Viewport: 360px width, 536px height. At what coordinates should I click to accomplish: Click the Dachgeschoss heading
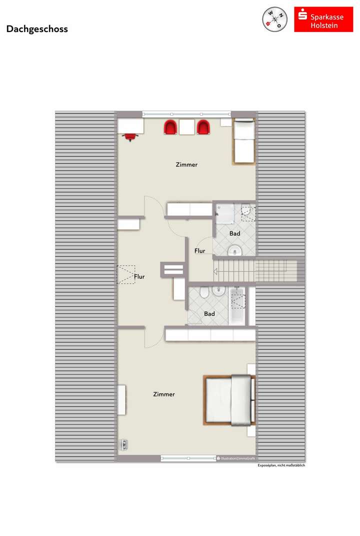click(x=37, y=29)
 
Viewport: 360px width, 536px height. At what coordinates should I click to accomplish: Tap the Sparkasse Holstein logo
click(x=323, y=19)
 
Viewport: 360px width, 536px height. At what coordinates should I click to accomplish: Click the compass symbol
click(x=274, y=19)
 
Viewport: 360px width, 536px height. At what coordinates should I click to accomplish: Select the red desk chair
click(x=131, y=136)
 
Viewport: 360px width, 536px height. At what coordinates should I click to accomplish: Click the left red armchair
click(x=170, y=127)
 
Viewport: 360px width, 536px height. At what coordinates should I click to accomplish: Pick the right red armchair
click(x=202, y=127)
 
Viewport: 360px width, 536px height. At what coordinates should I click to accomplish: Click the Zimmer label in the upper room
click(x=186, y=164)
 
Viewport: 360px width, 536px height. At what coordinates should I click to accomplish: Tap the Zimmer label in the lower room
click(x=164, y=394)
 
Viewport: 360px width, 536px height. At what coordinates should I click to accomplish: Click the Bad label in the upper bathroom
click(x=234, y=233)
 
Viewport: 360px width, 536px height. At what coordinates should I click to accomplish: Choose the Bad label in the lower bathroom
click(x=209, y=314)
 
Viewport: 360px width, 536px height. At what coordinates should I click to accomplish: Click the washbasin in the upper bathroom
click(x=234, y=250)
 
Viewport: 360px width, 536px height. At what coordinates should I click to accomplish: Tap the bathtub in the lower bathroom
click(x=238, y=305)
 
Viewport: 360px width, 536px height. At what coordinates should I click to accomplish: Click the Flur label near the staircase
click(x=199, y=251)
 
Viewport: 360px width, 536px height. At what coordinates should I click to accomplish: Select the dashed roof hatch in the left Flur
click(x=125, y=274)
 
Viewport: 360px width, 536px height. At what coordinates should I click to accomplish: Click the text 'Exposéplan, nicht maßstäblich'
click(x=281, y=465)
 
